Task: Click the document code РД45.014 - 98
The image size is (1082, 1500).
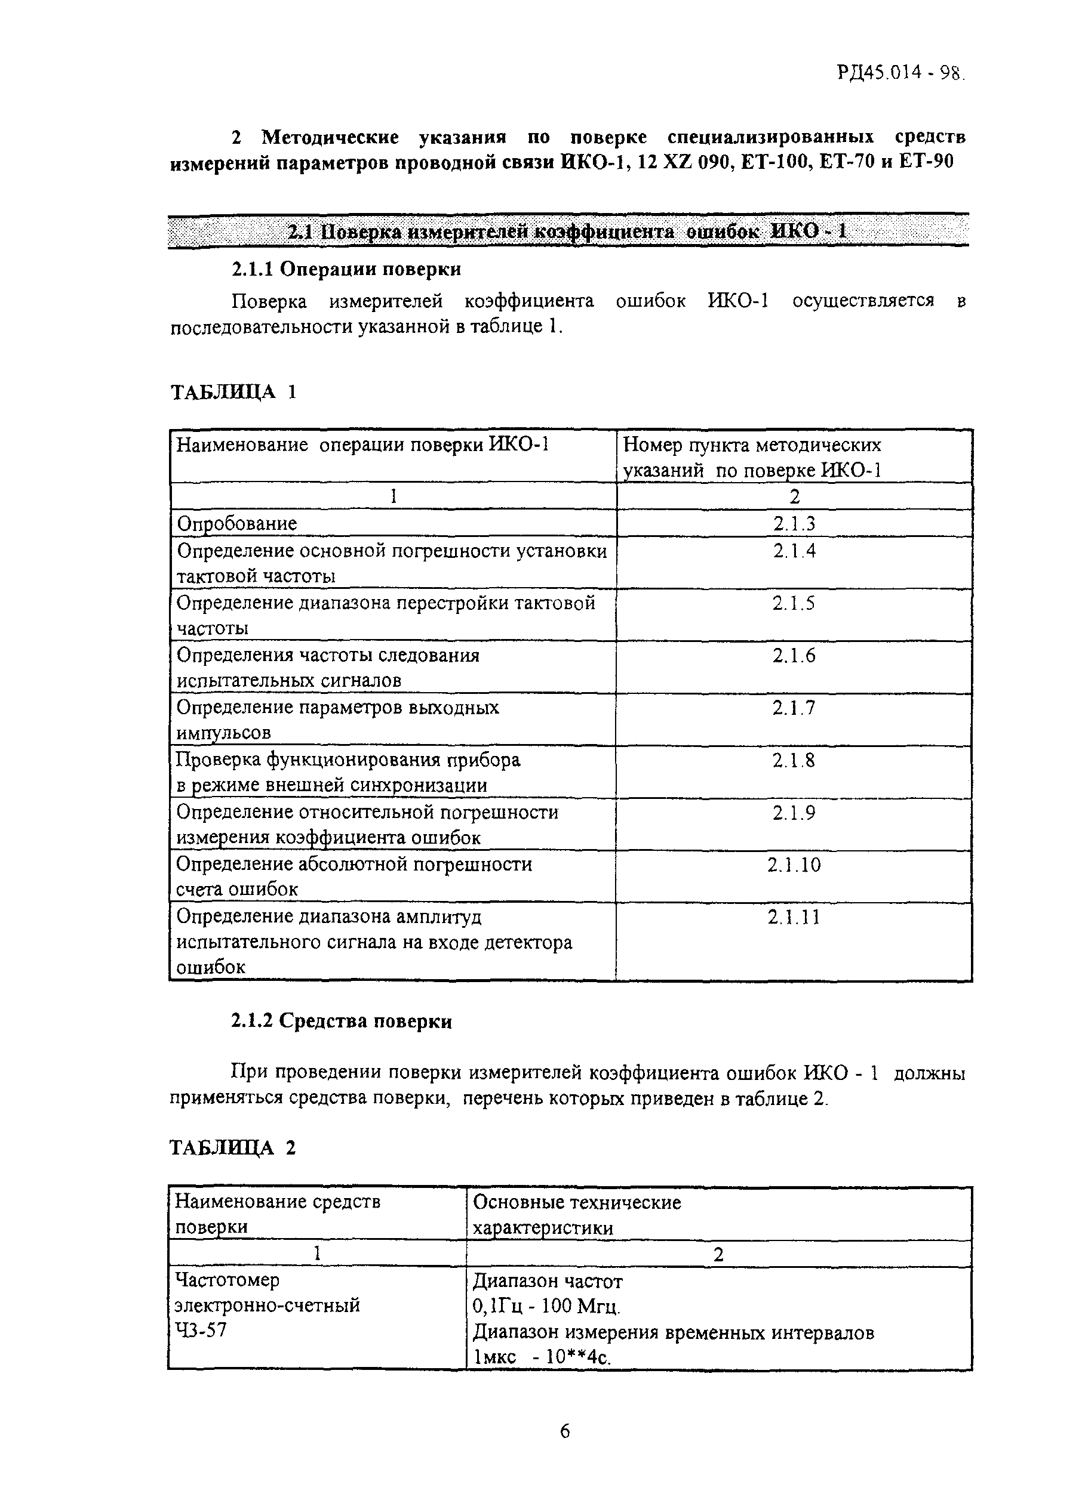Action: click(x=900, y=72)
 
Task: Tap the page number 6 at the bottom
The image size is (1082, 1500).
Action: click(x=564, y=1431)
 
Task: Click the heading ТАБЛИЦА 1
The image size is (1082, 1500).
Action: click(x=233, y=392)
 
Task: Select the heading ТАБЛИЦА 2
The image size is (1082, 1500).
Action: click(x=232, y=1147)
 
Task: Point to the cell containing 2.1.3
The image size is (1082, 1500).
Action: click(x=794, y=524)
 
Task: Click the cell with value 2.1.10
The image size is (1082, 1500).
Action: click(x=794, y=865)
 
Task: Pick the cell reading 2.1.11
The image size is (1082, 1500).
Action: click(x=794, y=917)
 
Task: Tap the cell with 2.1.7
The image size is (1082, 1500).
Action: click(x=794, y=708)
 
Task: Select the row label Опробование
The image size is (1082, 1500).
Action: click(x=237, y=524)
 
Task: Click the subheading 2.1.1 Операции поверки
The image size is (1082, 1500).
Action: click(x=346, y=269)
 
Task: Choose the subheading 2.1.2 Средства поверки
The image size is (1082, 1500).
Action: click(x=342, y=1021)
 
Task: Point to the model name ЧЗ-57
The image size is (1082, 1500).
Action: click(x=200, y=1330)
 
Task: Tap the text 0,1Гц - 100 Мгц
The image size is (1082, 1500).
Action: click(x=546, y=1306)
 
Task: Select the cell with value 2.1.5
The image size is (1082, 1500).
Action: click(x=794, y=603)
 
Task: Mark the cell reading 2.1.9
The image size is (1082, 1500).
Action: click(x=794, y=812)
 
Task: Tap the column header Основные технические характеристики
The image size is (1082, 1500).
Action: click(x=576, y=1215)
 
